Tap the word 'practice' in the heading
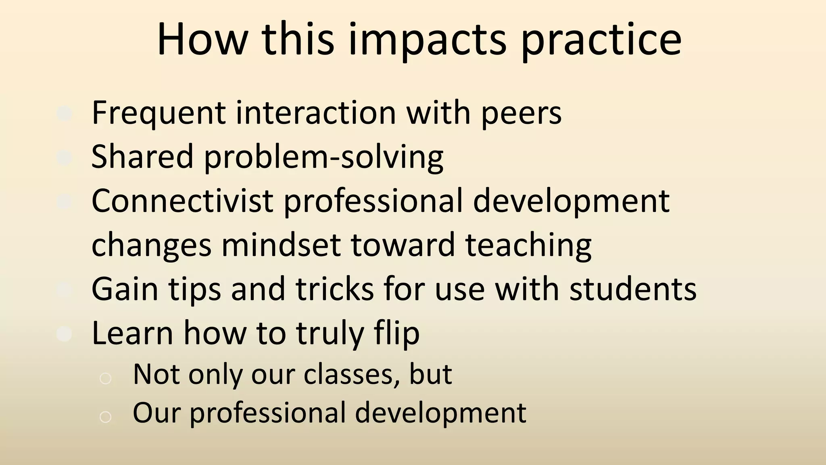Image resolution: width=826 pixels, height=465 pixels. [601, 40]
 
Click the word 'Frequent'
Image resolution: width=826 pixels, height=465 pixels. [159, 113]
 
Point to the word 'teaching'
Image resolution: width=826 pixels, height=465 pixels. [528, 245]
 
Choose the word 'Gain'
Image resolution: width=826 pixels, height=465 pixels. [125, 289]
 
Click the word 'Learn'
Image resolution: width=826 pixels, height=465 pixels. [133, 333]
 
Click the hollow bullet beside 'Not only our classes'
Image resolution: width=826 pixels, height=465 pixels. [105, 378]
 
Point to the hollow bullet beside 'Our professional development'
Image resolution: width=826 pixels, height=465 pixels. [105, 417]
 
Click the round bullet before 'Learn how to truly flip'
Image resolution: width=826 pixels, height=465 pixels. [64, 334]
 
